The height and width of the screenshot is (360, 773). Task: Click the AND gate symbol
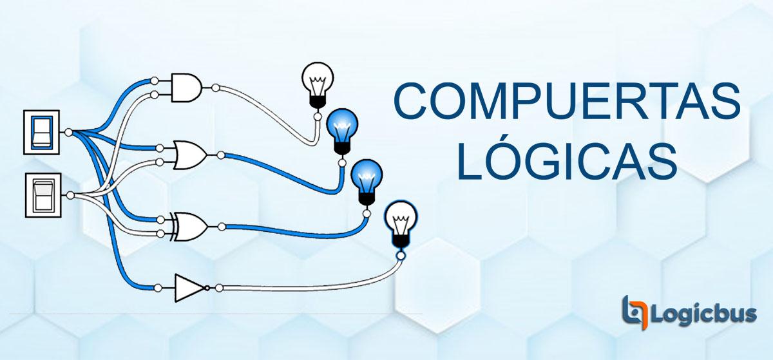(x=187, y=88)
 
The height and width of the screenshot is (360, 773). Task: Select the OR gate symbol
(x=191, y=155)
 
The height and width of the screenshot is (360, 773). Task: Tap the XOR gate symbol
(x=190, y=227)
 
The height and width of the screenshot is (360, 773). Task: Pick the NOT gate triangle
(x=190, y=288)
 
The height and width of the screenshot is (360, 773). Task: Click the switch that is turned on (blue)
(x=41, y=132)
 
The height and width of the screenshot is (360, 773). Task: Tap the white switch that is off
(x=43, y=195)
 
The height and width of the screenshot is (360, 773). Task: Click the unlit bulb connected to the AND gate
(x=318, y=85)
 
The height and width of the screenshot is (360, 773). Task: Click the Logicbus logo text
(x=703, y=314)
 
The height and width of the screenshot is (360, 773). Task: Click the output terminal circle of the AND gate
(x=216, y=88)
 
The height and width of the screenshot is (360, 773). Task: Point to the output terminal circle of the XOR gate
(x=222, y=227)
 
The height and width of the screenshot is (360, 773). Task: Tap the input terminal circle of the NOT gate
(x=158, y=288)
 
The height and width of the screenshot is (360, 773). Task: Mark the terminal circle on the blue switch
(x=69, y=132)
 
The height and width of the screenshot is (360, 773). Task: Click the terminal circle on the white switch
(x=70, y=195)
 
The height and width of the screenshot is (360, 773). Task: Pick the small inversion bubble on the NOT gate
(x=207, y=288)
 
